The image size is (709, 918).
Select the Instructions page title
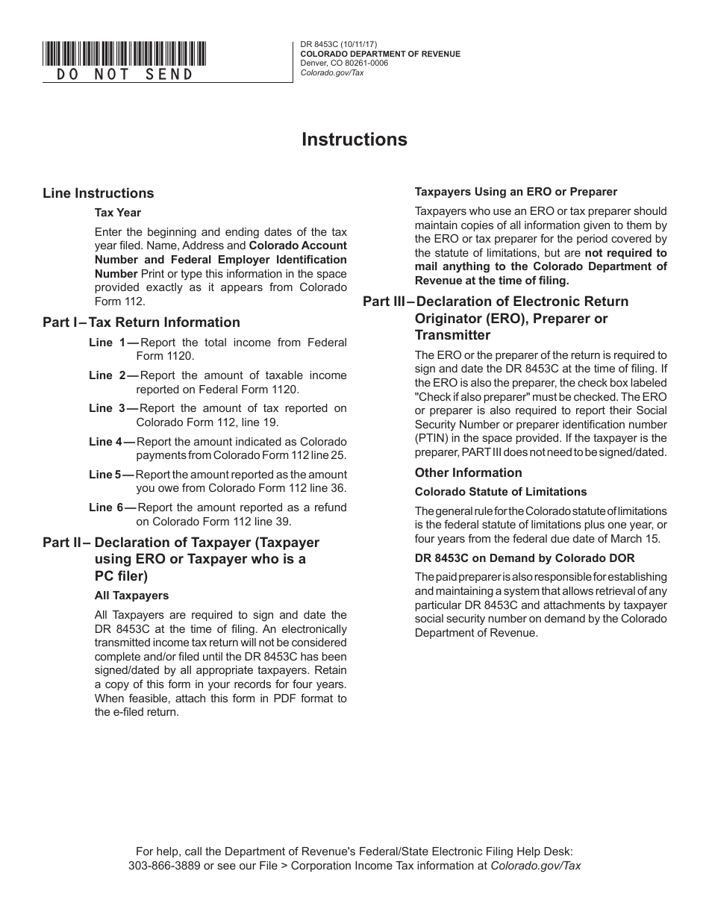pyautogui.click(x=354, y=140)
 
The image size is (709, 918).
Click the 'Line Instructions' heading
pyautogui.click(x=99, y=193)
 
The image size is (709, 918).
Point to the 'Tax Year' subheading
pyautogui.click(x=117, y=213)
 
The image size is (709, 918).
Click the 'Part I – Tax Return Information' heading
pyautogui.click(x=141, y=322)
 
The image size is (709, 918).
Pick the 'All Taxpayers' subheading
pyautogui.click(x=131, y=596)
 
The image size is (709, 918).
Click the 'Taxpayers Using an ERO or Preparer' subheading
pyautogui.click(x=516, y=192)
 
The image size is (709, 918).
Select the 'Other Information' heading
pyautogui.click(x=468, y=472)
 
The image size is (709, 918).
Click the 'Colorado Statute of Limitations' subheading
pyautogui.click(x=501, y=492)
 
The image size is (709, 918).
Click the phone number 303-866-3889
pyautogui.click(x=163, y=866)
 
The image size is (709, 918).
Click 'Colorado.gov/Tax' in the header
pyautogui.click(x=331, y=72)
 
